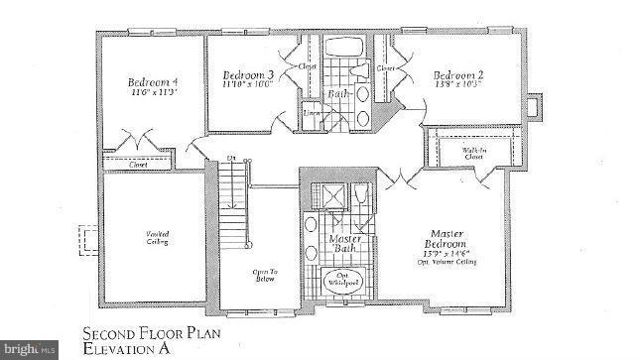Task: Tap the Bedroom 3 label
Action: [248, 74]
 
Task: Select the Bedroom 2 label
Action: [456, 74]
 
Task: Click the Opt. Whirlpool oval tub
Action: [341, 281]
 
